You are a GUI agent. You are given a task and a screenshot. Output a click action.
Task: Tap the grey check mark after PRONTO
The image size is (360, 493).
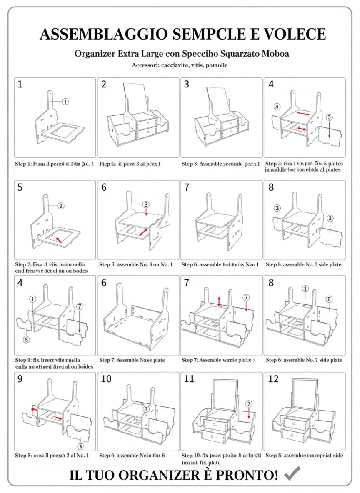(292, 474)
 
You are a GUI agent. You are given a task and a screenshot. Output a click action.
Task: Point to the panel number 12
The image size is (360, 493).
(273, 379)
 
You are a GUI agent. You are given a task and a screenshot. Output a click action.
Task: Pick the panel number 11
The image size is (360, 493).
(189, 379)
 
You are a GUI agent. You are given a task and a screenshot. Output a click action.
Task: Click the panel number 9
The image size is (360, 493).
(20, 379)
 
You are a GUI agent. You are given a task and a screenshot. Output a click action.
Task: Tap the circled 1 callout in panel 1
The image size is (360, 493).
(65, 101)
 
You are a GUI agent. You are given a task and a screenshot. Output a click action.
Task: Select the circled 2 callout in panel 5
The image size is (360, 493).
(61, 206)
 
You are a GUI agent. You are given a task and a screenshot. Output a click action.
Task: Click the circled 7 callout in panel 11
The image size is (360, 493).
(249, 404)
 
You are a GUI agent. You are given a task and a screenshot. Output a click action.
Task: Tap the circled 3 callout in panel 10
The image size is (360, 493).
(146, 409)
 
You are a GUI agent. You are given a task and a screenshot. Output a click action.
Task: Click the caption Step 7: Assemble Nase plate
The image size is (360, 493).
(132, 360)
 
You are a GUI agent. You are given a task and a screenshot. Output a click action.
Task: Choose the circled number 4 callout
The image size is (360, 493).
(277, 107)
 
